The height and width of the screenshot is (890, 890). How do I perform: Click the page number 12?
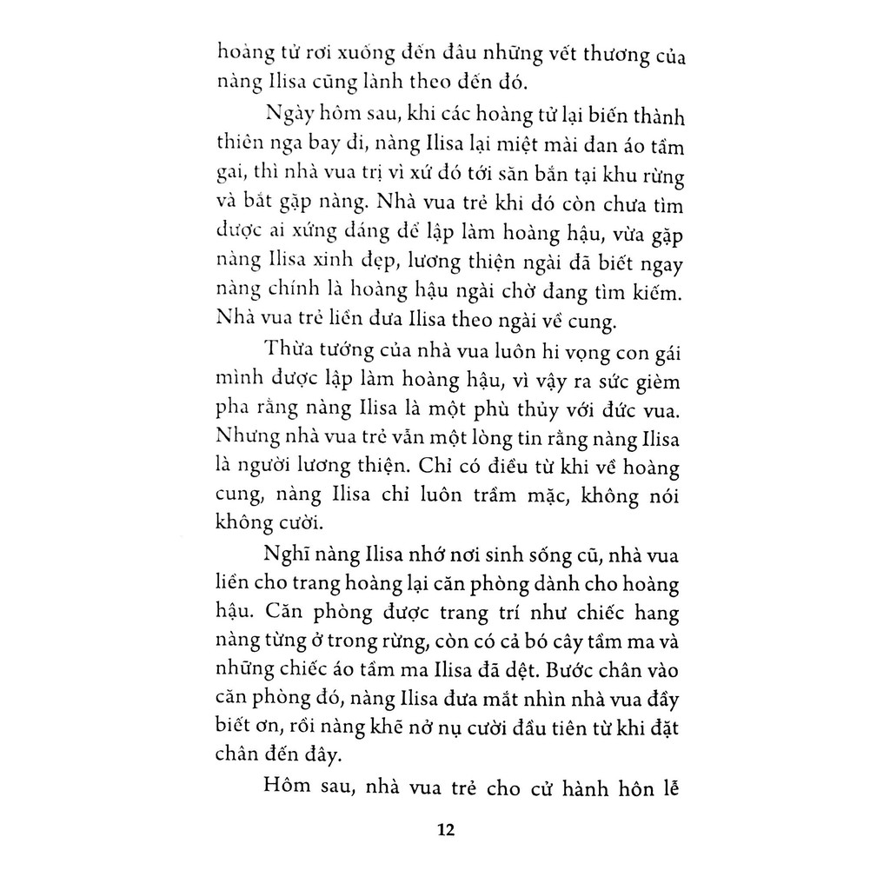click(x=446, y=829)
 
